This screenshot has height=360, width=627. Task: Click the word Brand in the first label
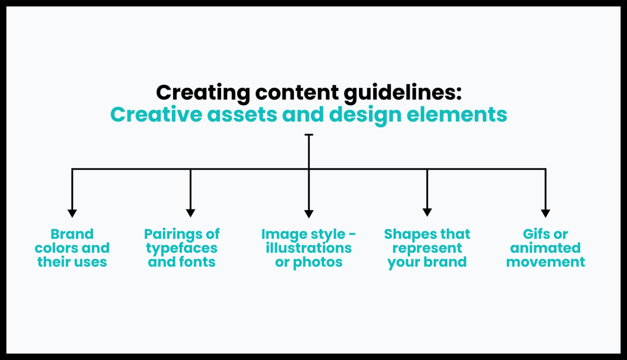coord(72,234)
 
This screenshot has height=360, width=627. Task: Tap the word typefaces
coord(182,248)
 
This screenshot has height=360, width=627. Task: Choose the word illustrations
coord(309,248)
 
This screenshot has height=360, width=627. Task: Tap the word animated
coord(545,248)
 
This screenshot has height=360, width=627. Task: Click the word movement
coord(545,261)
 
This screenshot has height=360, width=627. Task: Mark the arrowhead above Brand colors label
coord(72,213)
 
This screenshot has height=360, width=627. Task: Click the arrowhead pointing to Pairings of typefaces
coord(191,213)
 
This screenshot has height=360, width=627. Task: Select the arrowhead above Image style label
coord(309,213)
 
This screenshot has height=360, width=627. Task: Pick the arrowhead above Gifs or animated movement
coord(545,213)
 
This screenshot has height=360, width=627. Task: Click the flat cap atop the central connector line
coord(309,135)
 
